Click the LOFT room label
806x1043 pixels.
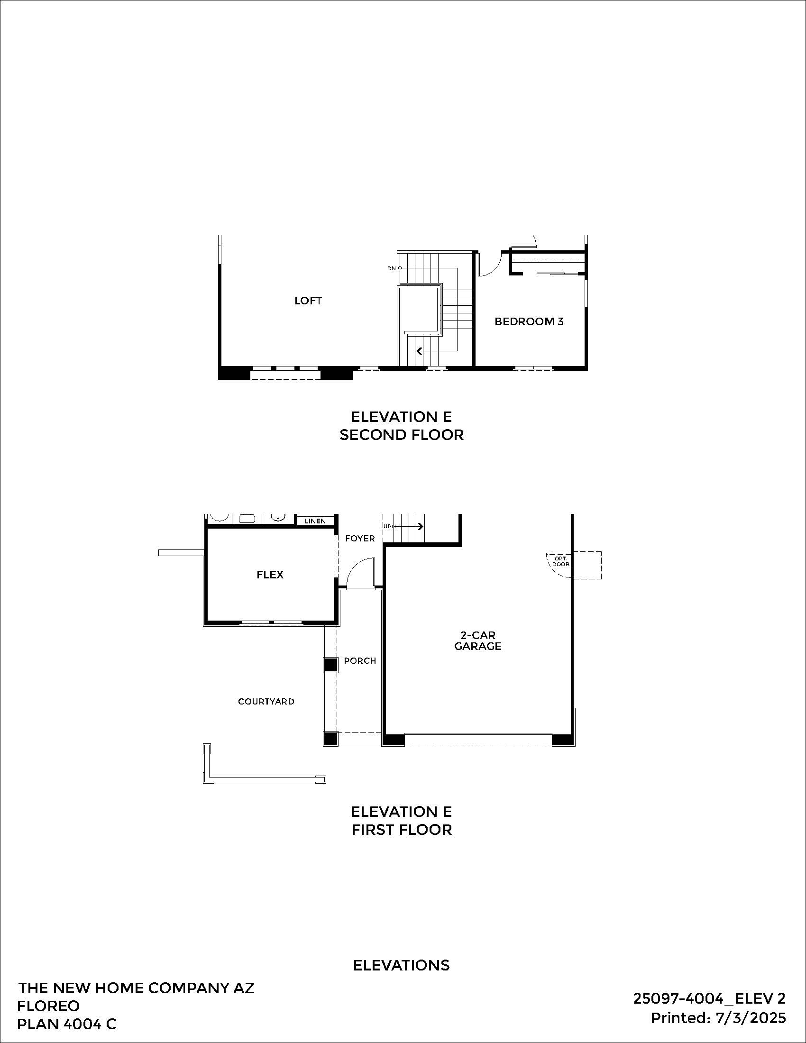pos(308,301)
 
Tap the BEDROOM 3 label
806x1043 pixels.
pos(529,321)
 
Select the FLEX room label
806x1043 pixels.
pos(270,575)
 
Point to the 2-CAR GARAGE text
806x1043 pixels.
pos(477,640)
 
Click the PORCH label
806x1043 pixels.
pos(359,660)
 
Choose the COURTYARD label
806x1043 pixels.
pos(266,701)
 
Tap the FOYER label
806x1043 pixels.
pos(359,538)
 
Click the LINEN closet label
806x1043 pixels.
pos(315,521)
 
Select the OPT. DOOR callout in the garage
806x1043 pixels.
pos(560,561)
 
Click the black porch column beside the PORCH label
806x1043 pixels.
pos(330,665)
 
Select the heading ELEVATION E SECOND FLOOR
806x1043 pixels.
pos(401,426)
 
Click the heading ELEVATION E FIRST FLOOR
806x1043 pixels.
pos(401,821)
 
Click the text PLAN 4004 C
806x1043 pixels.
pos(66,1024)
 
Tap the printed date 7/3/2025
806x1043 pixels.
pos(751,1018)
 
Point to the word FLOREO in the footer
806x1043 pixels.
pos(48,1006)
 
